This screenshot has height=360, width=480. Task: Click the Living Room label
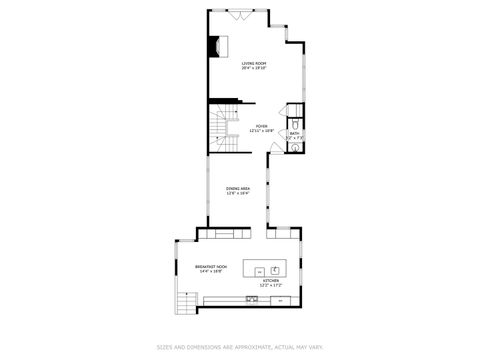click(x=253, y=63)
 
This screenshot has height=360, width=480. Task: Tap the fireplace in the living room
click(x=215, y=46)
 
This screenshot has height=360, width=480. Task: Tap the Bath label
click(x=294, y=132)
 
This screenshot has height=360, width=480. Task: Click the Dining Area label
click(x=238, y=188)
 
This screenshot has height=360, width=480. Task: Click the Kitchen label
click(x=271, y=282)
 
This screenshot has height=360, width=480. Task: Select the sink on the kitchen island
click(x=274, y=269)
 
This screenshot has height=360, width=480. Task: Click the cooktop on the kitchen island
click(x=258, y=270)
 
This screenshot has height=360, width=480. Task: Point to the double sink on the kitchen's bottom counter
click(x=250, y=299)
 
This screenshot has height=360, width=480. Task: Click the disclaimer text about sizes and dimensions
click(x=239, y=347)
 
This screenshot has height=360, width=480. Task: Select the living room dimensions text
click(x=253, y=68)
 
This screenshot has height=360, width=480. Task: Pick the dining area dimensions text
click(x=238, y=193)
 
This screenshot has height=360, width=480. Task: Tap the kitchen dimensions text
click(x=271, y=287)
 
